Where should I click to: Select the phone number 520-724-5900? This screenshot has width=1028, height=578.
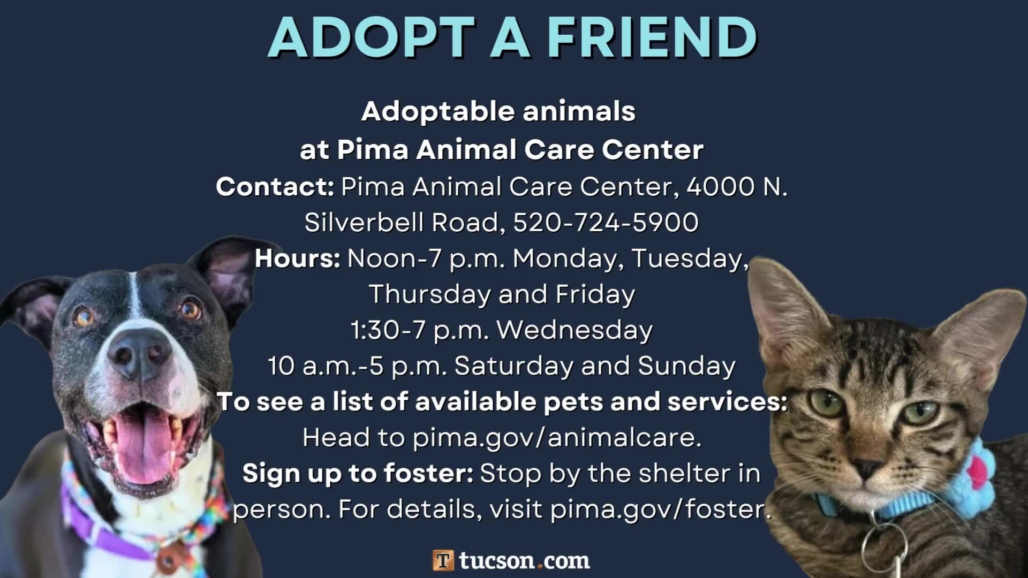[x=606, y=223]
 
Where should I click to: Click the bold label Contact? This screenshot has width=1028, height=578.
[x=275, y=187]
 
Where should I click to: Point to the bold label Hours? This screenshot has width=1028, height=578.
[x=298, y=258]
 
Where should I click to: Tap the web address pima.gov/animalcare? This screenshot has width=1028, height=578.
[x=556, y=438]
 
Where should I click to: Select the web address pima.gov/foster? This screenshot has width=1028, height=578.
[x=661, y=509]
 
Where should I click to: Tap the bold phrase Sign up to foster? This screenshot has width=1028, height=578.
[x=358, y=474]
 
